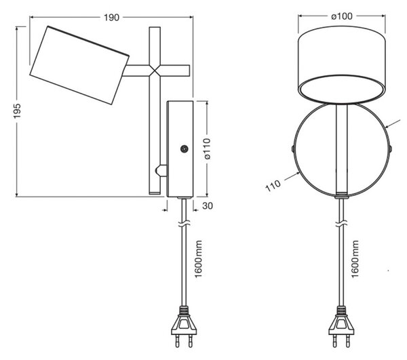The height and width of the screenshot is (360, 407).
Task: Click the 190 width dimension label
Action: pyautogui.click(x=112, y=18)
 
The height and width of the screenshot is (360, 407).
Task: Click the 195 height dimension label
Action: pyautogui.click(x=17, y=111)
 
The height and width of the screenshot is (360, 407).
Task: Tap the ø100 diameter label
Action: pyautogui.click(x=342, y=16)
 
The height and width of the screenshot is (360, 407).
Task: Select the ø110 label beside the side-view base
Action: pyautogui.click(x=207, y=148)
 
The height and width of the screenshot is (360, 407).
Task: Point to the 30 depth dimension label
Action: pyautogui.click(x=208, y=205)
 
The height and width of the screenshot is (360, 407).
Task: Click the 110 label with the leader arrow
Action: pyautogui.click(x=273, y=186)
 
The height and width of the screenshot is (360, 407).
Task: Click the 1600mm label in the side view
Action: pyautogui.click(x=198, y=259)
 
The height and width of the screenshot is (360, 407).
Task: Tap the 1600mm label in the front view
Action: pyautogui.click(x=355, y=259)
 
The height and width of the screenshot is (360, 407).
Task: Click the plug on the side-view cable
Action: pyautogui.click(x=184, y=327)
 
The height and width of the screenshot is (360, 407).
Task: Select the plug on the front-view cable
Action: pyautogui.click(x=341, y=327)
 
